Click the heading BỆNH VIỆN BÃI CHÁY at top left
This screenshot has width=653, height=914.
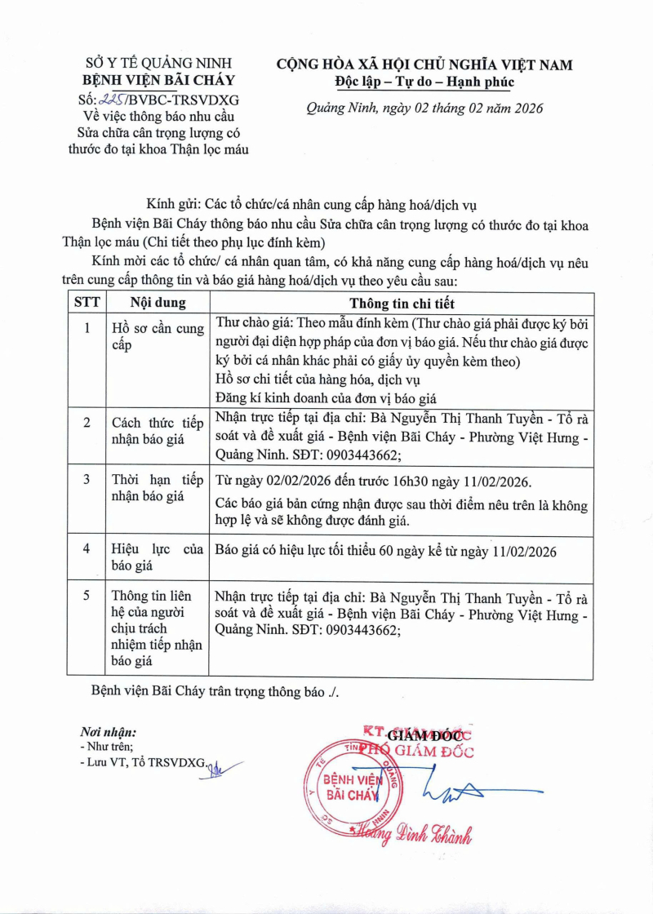tap(159, 80)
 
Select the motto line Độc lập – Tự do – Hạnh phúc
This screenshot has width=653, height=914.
tap(424, 82)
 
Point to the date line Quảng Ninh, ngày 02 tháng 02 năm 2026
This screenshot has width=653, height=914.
tap(424, 109)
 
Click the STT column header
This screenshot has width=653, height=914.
tap(87, 302)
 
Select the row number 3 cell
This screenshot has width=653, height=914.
tap(87, 479)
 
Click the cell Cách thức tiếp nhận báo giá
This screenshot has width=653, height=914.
tap(158, 429)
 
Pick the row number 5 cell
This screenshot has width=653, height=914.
tap(87, 595)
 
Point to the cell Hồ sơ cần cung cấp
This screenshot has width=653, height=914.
tap(158, 337)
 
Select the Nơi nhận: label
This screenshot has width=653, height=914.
tap(109, 732)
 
